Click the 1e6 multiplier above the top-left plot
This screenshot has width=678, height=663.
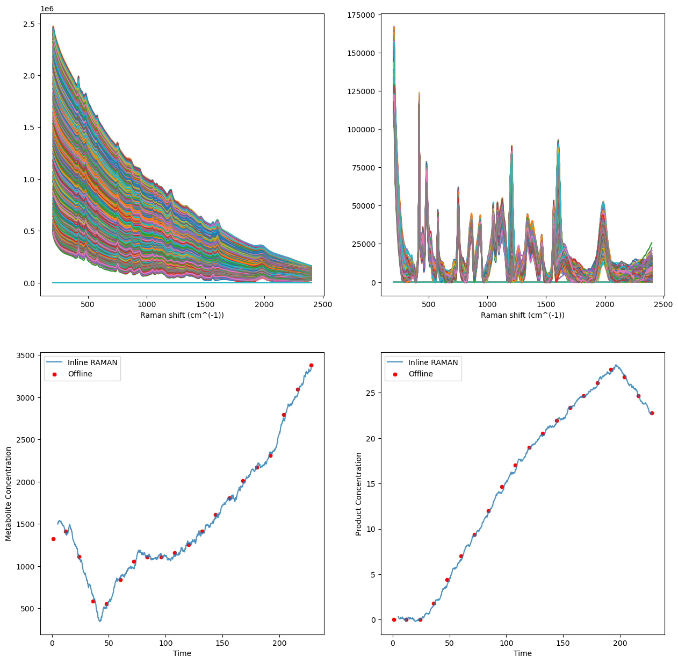(x=47, y=9)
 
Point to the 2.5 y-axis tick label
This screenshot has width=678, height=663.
(x=29, y=24)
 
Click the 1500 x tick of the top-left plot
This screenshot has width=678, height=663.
(x=205, y=304)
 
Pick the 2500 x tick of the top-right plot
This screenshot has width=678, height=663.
(x=663, y=304)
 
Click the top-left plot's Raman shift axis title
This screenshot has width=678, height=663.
(x=182, y=315)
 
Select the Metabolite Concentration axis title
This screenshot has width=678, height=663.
(x=9, y=493)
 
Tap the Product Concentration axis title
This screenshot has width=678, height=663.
(x=359, y=494)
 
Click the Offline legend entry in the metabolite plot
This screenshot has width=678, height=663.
(x=80, y=374)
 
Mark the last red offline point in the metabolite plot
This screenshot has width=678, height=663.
(x=311, y=365)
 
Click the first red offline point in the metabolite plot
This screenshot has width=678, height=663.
(x=53, y=539)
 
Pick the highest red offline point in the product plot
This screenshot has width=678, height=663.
(x=611, y=369)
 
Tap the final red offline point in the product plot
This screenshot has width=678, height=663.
(x=652, y=413)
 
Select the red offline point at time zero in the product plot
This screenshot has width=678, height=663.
(x=394, y=619)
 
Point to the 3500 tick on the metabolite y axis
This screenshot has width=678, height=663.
(x=26, y=355)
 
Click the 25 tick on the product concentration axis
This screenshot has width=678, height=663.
(x=371, y=393)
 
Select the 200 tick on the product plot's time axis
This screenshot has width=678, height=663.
(x=620, y=643)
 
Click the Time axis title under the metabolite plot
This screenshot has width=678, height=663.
(x=182, y=653)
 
